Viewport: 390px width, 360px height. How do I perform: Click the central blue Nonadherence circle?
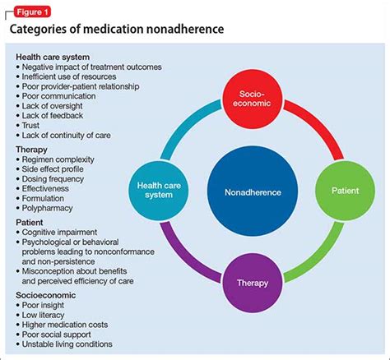tap(252, 192)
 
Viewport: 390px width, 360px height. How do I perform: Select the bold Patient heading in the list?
tap(32, 220)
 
